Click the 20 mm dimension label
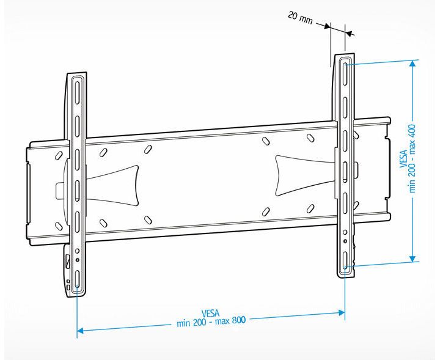click(x=300, y=18)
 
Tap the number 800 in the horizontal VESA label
click(x=238, y=320)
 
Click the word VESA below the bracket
click(x=210, y=313)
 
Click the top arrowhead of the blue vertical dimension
click(x=413, y=64)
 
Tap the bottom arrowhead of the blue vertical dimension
click(x=413, y=258)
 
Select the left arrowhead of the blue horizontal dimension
click(x=81, y=331)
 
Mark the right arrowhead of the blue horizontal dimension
click(x=342, y=312)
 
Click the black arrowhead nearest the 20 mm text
click(x=326, y=26)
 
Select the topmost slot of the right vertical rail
click(x=345, y=73)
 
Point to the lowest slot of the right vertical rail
click(x=345, y=260)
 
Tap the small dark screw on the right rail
click(x=345, y=241)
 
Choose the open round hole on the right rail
click(x=345, y=232)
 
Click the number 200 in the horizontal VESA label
click(x=199, y=322)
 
